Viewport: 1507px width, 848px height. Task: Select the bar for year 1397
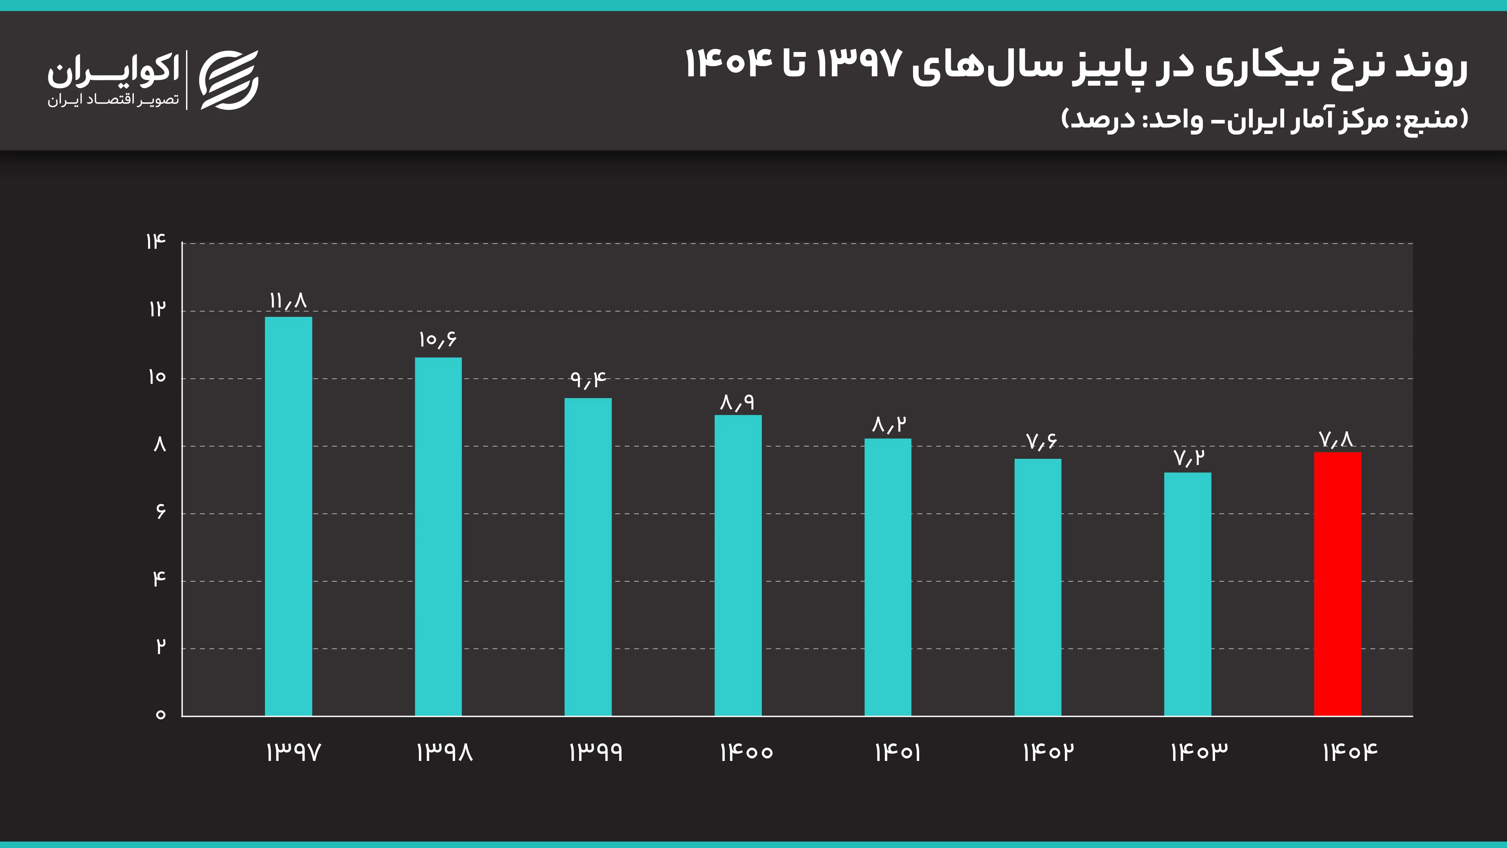pyautogui.click(x=289, y=516)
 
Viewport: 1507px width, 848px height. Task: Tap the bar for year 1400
pyautogui.click(x=738, y=565)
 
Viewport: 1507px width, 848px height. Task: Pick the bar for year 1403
pyautogui.click(x=1188, y=594)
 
